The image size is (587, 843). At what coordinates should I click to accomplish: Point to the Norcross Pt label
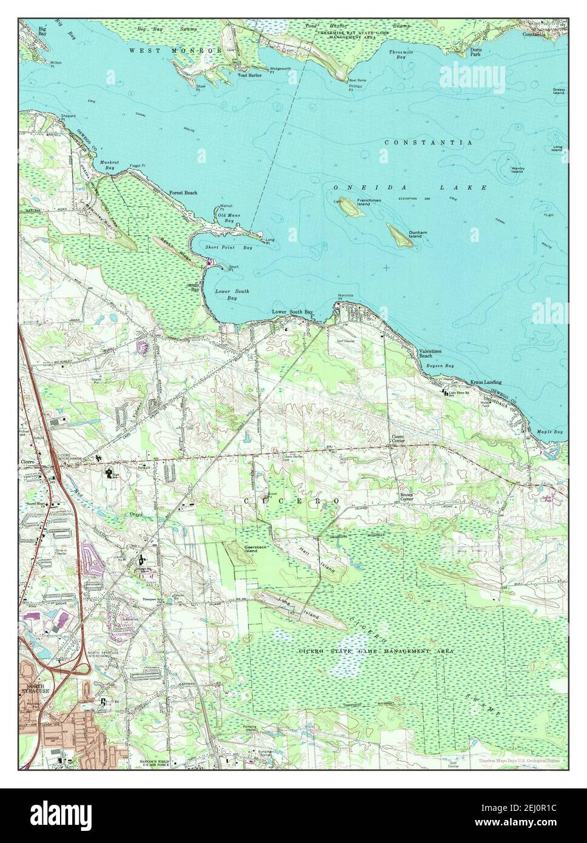[345, 298]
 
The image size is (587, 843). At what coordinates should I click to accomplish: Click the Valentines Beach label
[430, 354]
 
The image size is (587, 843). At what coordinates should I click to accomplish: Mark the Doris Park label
[477, 52]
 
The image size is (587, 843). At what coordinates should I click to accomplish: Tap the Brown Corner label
[406, 497]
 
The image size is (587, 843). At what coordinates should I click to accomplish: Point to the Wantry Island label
[517, 169]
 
